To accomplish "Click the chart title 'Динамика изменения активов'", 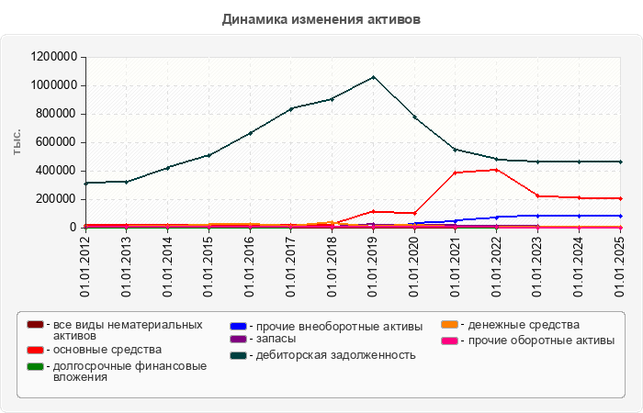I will [x=321, y=19].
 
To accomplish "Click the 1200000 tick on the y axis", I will [x=52, y=57].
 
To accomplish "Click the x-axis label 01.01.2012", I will [x=85, y=266].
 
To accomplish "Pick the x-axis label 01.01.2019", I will [x=373, y=266].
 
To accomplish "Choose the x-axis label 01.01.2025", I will [x=620, y=266].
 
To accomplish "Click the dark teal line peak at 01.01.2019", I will [x=373, y=77].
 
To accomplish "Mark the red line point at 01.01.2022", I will [x=496, y=170].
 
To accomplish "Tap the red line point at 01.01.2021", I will [x=455, y=173].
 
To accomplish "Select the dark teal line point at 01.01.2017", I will [x=290, y=108].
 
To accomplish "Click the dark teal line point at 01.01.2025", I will [x=620, y=162].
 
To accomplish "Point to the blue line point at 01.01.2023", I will [x=537, y=216].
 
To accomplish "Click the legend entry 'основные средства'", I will [x=107, y=350].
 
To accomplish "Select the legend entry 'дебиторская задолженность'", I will [x=335, y=354].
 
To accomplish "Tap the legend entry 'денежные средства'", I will [x=520, y=325].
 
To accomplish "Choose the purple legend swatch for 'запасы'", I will [x=238, y=340].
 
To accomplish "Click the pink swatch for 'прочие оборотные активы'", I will [x=449, y=340].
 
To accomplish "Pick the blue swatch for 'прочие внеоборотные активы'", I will [x=238, y=326].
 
